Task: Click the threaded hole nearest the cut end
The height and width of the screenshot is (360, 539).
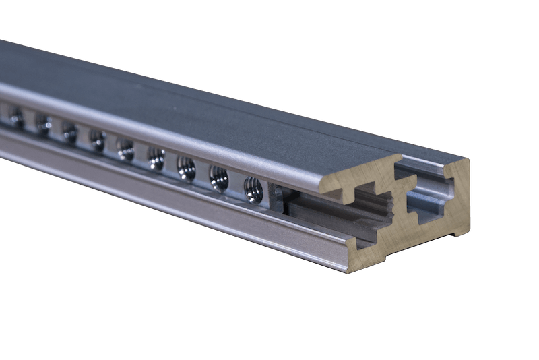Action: click(253, 189)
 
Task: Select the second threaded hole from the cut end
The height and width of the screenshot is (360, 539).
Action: click(218, 178)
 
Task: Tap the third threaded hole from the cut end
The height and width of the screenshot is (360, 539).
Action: click(186, 168)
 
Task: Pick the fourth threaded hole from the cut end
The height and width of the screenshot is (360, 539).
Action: click(156, 158)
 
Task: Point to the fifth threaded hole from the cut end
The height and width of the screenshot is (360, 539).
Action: click(125, 149)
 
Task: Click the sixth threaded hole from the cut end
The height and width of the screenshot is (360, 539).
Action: click(97, 140)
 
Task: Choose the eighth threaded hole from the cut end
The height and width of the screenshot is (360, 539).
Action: click(43, 124)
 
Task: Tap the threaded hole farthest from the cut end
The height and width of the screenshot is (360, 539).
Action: click(16, 117)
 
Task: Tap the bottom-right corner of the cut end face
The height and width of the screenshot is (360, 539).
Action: click(470, 232)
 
